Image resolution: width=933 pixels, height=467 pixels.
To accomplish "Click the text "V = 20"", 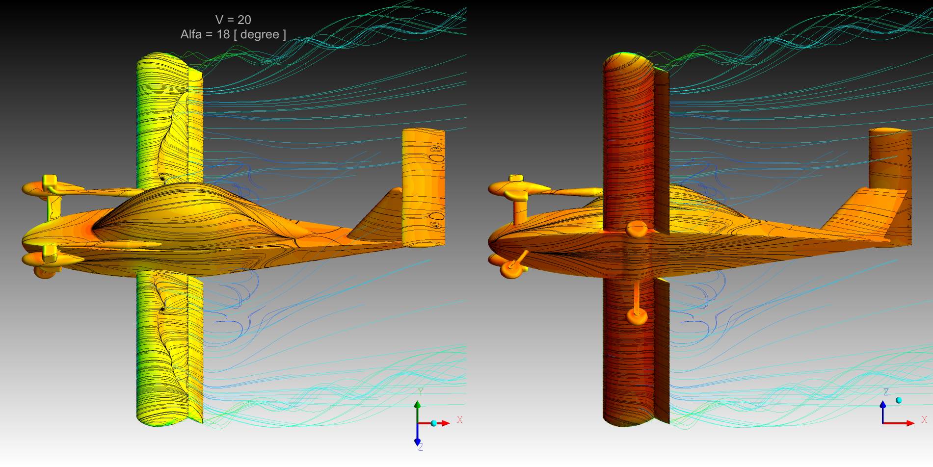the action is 233,20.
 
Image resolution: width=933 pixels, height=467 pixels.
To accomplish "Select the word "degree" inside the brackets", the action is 260,35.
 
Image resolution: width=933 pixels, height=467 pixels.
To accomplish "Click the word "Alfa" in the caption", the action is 192,34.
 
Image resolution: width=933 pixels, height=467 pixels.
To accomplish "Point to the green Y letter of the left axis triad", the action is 420,392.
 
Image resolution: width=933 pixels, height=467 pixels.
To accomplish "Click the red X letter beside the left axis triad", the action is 459,420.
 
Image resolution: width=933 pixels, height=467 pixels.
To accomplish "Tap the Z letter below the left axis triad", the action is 421,447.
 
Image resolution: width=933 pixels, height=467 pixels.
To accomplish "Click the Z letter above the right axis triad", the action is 886,392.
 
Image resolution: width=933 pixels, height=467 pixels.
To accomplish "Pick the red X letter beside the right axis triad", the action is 924,420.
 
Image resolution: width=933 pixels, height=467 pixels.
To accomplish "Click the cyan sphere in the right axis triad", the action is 899,401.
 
